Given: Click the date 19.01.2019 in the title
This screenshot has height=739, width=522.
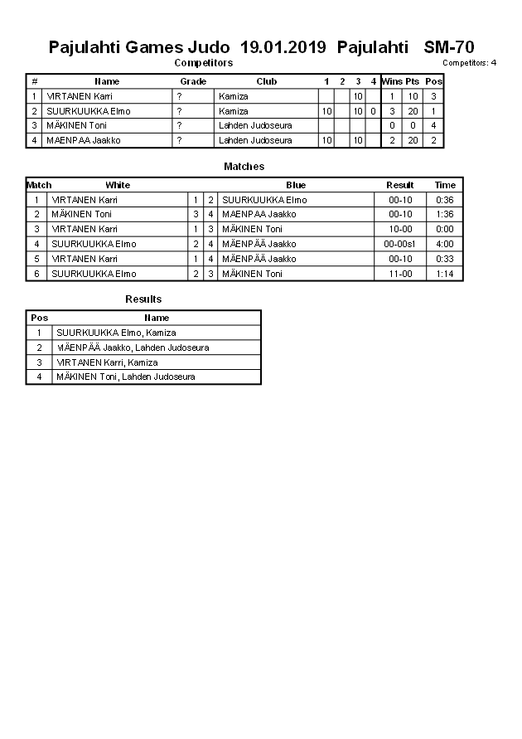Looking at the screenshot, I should pyautogui.click(x=283, y=47).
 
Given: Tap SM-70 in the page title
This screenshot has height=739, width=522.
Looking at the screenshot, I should pyautogui.click(x=449, y=47).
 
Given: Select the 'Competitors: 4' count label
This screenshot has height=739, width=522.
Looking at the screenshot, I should pyautogui.click(x=469, y=63).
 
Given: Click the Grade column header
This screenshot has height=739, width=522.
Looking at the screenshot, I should pyautogui.click(x=193, y=81).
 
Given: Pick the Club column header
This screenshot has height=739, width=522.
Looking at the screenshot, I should pyautogui.click(x=266, y=81).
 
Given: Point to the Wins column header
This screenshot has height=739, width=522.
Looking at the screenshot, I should pyautogui.click(x=392, y=81).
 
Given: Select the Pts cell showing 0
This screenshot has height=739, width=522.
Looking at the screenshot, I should pyautogui.click(x=412, y=125).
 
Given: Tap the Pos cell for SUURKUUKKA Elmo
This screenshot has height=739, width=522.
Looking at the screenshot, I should pyautogui.click(x=433, y=111).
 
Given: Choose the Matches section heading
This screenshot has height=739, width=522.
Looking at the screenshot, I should pyautogui.click(x=244, y=167).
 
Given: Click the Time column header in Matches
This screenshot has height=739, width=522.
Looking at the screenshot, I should pyautogui.click(x=445, y=185).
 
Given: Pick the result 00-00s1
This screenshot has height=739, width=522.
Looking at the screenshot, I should pyautogui.click(x=399, y=244).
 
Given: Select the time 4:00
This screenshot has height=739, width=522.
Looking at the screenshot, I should pyautogui.click(x=445, y=244).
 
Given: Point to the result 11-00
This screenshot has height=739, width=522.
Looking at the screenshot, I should pyautogui.click(x=399, y=274).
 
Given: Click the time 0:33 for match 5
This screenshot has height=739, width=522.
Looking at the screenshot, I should pyautogui.click(x=445, y=259).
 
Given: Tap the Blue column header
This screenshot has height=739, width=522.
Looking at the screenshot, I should pyautogui.click(x=296, y=185).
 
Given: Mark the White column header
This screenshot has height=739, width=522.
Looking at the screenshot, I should pyautogui.click(x=118, y=185).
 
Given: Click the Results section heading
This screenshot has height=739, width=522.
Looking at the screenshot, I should pyautogui.click(x=143, y=299).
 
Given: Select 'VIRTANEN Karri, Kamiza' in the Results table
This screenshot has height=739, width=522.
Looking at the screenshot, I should pyautogui.click(x=107, y=362).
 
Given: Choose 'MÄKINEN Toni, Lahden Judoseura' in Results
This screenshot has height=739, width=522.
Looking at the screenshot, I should pyautogui.click(x=125, y=377).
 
